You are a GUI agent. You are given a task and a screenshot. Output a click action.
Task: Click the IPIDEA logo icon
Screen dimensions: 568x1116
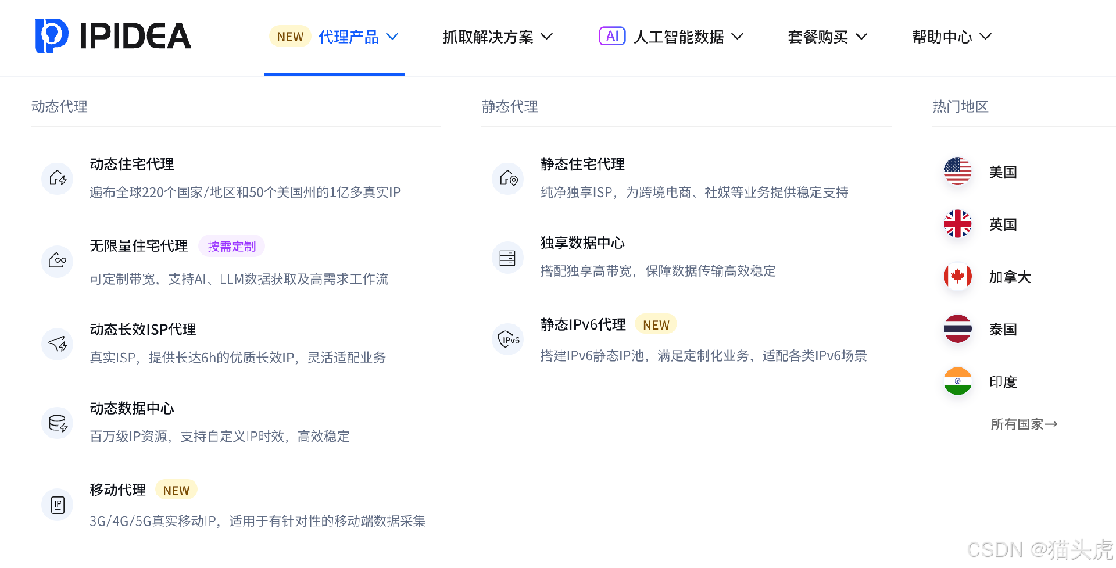pos(52,35)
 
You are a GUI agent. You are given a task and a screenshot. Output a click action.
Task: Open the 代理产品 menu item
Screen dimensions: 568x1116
pos(348,37)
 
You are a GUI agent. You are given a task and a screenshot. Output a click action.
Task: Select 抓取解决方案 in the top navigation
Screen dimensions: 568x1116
pos(488,37)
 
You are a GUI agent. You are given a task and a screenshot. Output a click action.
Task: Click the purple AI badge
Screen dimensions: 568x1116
pos(612,36)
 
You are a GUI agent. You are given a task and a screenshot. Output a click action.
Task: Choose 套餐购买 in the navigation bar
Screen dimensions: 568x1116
pos(818,37)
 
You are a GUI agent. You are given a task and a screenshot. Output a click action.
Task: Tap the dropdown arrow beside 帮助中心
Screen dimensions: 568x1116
pos(985,37)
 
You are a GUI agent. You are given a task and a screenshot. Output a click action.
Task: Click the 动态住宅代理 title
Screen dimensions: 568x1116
pos(132,165)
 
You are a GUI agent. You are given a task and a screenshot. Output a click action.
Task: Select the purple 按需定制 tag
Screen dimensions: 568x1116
pos(231,247)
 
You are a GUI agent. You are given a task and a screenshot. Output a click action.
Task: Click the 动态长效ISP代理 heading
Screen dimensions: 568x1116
pos(143,330)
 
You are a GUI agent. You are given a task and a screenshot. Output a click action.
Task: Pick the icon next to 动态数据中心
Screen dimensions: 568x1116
pos(58,423)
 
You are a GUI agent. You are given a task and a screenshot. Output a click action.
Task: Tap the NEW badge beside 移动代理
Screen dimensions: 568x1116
pos(176,490)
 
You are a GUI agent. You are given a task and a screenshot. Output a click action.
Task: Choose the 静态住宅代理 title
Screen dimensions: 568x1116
pos(582,165)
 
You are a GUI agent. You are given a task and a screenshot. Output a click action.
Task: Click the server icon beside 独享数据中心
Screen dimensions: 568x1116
pos(507,258)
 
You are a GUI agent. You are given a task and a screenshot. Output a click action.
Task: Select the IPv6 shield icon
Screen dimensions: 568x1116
pos(508,340)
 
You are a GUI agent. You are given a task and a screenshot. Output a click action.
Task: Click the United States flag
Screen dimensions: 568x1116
pos(957,172)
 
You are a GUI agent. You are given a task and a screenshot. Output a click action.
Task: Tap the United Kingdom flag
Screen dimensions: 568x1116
pos(957,224)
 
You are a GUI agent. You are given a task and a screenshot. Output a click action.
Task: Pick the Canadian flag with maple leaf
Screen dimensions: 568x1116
pos(957,277)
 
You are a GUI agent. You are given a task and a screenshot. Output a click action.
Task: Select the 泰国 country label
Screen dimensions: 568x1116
pos(1003,330)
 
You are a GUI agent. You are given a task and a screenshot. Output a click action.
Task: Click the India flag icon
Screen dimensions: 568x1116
pos(957,381)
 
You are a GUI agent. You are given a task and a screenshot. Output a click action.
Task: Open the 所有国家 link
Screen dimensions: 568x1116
pos(1024,424)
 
